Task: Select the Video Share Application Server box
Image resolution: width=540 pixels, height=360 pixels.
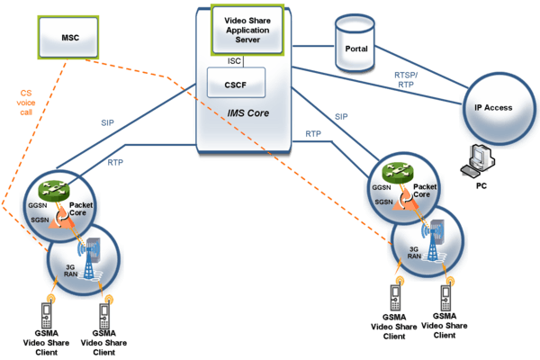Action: tap(247, 29)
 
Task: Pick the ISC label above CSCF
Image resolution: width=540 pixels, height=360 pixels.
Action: tap(235, 60)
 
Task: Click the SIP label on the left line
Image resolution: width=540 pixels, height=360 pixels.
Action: tap(109, 122)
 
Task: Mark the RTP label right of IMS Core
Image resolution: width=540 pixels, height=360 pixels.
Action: tap(313, 134)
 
